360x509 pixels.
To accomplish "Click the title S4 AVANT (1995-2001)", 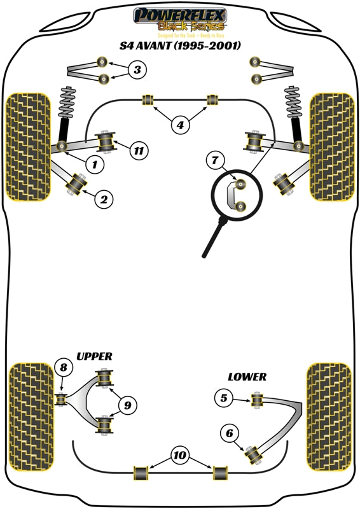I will click(180, 45).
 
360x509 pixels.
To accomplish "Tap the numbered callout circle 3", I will click(137, 69).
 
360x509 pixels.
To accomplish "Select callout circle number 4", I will click(180, 125).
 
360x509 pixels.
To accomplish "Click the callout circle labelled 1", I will click(94, 165).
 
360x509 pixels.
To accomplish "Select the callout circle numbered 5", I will click(223, 399).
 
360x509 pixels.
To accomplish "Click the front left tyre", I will click(28, 147).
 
